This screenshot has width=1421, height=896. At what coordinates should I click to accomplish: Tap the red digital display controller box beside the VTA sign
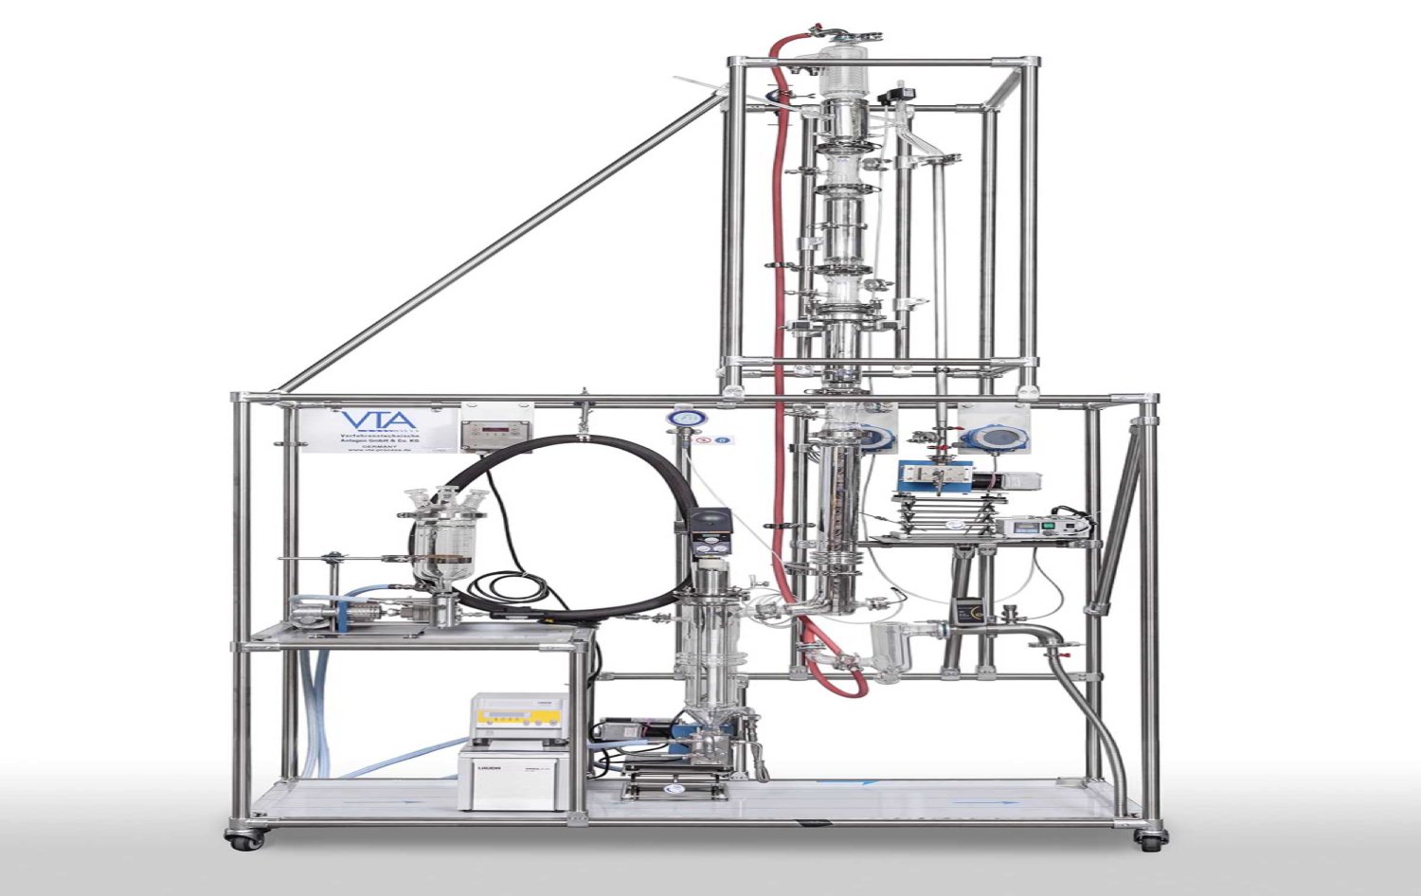point(485,434)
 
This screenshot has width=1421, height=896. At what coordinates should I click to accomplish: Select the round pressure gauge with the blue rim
point(679,419)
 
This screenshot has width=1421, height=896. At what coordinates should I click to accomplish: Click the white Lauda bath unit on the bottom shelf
point(517,777)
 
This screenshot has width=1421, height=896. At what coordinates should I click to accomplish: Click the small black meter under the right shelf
point(968,610)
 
